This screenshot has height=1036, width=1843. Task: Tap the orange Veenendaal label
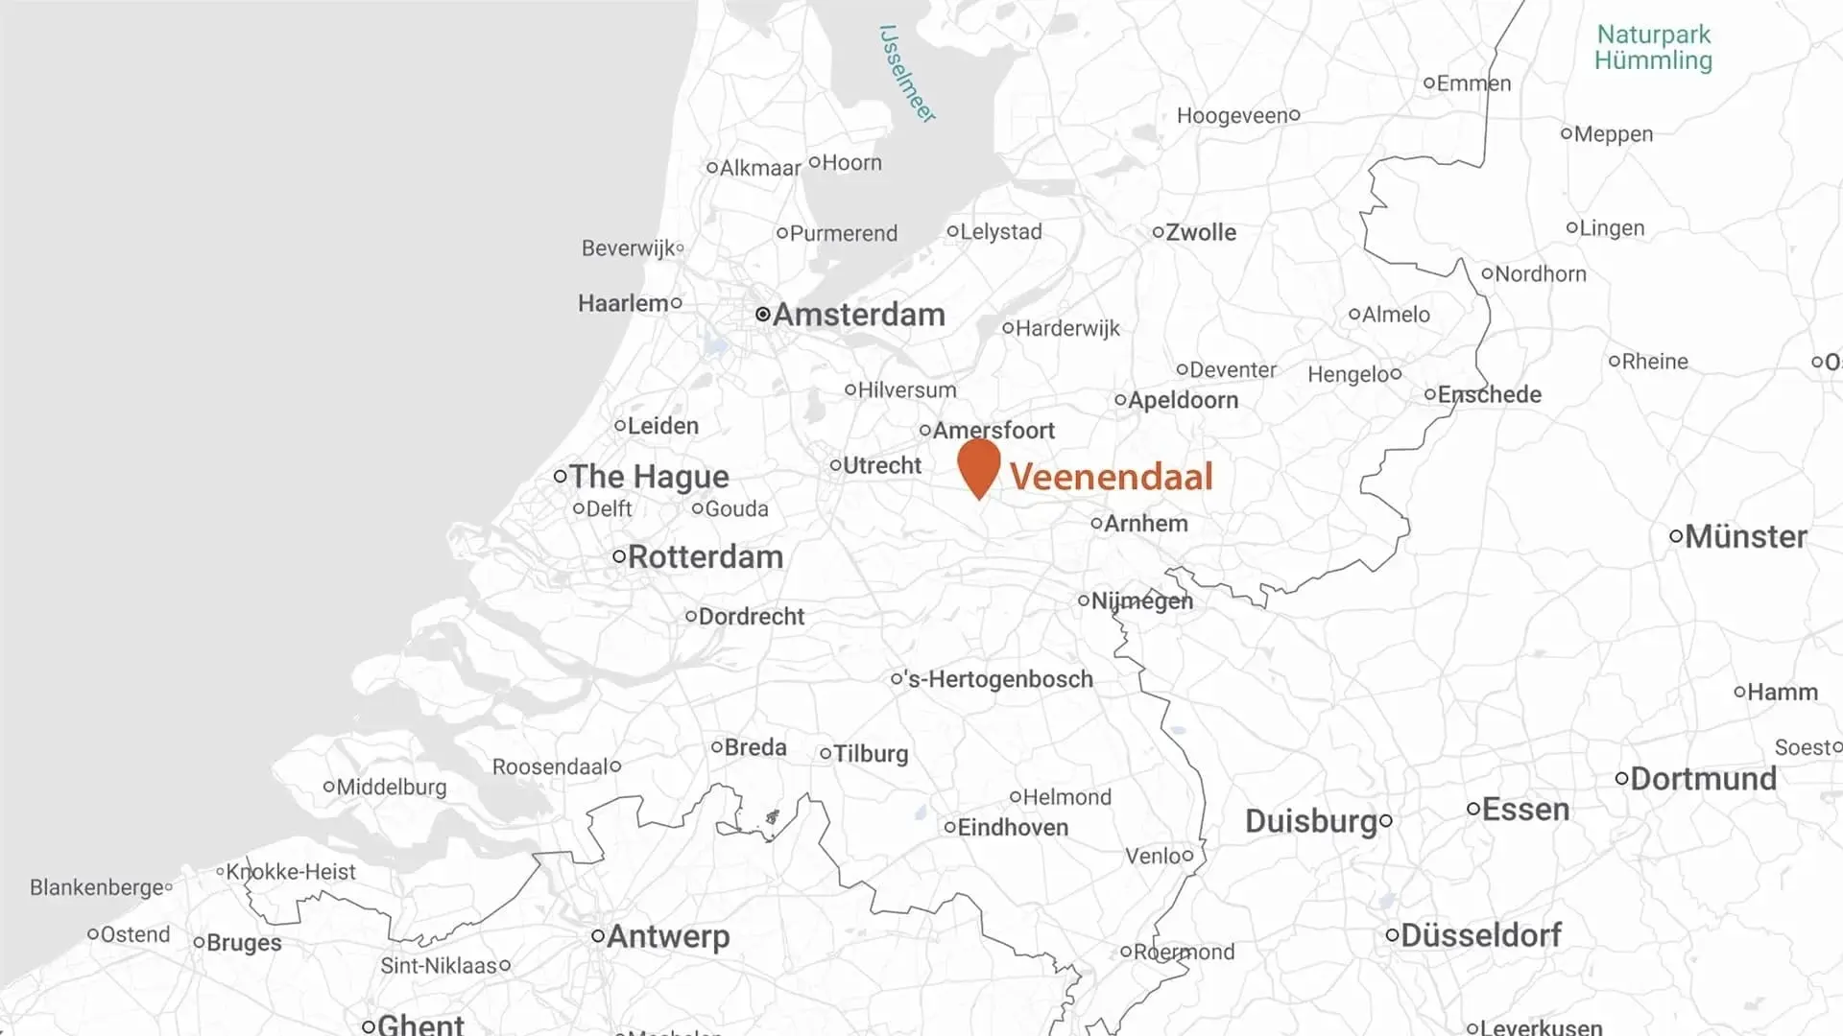point(1112,477)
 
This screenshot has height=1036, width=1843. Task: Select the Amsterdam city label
point(858,315)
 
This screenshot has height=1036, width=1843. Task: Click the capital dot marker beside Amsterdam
point(762,314)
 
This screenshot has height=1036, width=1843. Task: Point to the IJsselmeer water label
point(906,74)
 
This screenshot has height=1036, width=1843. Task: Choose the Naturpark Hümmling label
point(1653,48)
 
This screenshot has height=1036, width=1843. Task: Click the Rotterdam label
point(705,557)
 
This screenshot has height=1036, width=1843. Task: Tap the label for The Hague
point(649,477)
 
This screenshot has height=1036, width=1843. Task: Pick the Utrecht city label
point(881,465)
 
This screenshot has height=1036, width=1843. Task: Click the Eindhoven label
point(1013,827)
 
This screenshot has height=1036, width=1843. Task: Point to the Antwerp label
point(668,936)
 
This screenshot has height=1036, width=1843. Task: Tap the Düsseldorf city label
point(1480,935)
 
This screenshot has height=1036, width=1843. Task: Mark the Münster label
point(1745,537)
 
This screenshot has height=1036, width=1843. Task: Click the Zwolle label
point(1201,232)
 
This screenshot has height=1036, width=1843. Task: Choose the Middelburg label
point(391,788)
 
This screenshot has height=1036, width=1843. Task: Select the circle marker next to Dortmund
point(1621,779)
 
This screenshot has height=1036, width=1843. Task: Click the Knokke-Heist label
point(290,872)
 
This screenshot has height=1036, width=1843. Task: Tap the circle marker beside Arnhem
point(1096,523)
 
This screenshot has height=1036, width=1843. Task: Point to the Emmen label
point(1473,83)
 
